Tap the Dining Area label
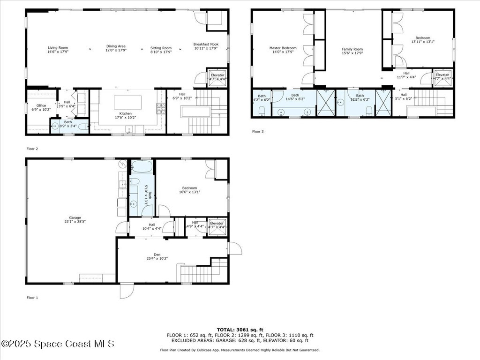[x=115, y=46]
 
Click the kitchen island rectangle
[x=125, y=103]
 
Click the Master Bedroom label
[x=283, y=48]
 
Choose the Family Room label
[x=352, y=49]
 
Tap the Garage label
[x=75, y=217]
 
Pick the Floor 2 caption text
[x=32, y=149]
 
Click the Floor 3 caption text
[x=258, y=132]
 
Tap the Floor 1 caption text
[x=32, y=297]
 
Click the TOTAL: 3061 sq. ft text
[x=240, y=330]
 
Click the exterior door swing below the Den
[x=126, y=291]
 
